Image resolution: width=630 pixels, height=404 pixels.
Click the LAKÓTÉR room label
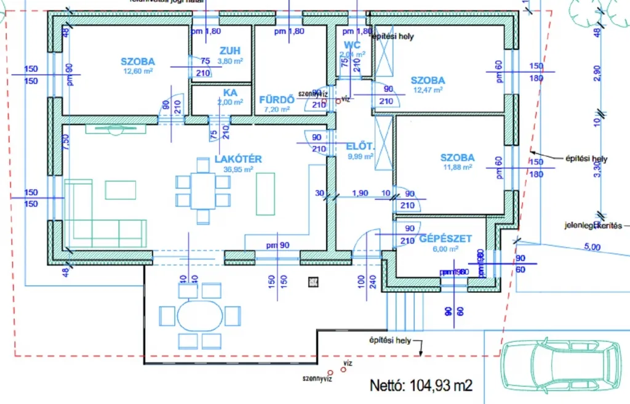[x=238, y=159]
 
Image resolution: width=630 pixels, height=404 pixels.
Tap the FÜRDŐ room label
[x=275, y=99]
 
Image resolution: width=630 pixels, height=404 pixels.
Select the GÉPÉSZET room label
[x=445, y=238]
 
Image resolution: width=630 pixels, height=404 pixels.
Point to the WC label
[x=352, y=44]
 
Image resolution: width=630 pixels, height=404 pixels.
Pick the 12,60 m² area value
[x=137, y=71]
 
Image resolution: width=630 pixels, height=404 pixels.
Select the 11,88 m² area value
[x=457, y=167]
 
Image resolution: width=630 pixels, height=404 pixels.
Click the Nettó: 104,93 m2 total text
[x=421, y=386]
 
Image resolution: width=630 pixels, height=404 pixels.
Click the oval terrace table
[x=199, y=316]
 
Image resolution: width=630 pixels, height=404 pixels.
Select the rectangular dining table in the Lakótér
[x=203, y=191]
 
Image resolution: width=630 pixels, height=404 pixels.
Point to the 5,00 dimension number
[x=591, y=247]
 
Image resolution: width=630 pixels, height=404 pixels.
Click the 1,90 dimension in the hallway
[x=360, y=193]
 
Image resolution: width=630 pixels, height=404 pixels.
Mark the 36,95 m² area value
[x=237, y=169]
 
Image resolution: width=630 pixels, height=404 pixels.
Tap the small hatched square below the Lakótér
[x=314, y=282]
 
